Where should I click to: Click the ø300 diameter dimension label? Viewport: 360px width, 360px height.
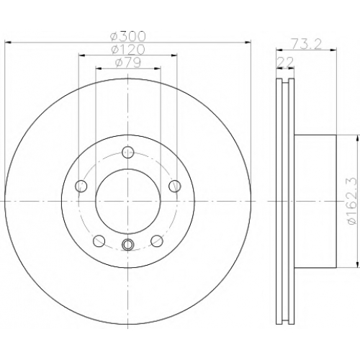pos(127,36)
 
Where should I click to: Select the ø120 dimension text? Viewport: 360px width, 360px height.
pos(127,50)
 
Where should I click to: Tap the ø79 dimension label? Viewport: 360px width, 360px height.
pos(127,63)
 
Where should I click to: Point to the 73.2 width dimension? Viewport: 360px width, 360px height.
pos(306,44)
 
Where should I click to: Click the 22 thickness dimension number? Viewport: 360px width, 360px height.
pos(285,62)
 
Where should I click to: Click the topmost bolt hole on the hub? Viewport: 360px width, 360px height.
pos(127,152)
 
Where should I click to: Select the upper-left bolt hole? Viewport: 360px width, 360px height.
pos(81,186)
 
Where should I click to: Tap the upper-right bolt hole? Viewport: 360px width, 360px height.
pos(174,186)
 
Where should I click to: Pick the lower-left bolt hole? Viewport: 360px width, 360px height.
pos(99,240)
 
